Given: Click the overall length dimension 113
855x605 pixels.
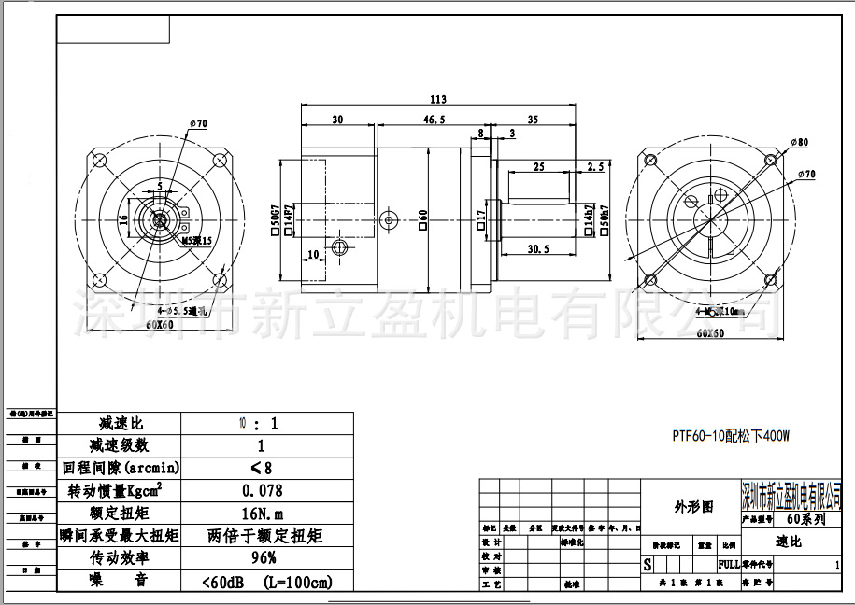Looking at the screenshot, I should pos(437,99).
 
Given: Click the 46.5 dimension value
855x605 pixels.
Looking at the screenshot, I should pos(434,120).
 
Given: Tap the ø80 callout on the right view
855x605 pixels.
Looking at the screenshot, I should pos(800,142).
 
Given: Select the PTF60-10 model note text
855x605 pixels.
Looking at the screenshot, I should pos(732,435).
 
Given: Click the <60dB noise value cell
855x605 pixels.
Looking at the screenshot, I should pos(266,581).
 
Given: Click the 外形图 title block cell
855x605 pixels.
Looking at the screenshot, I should pos(693,506).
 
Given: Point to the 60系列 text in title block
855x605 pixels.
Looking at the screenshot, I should pos(805,519).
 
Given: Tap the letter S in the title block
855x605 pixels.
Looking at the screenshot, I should pos(648,565).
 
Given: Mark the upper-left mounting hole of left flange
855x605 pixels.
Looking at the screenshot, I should pos(101,160).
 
